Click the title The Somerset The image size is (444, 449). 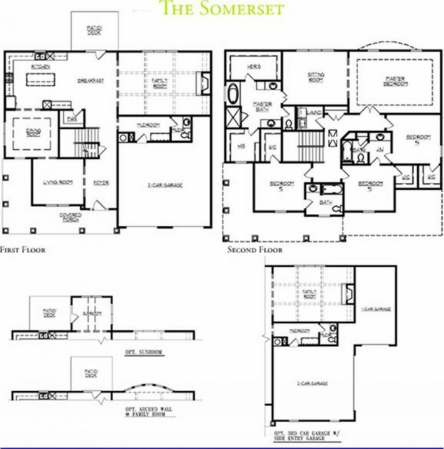point(223,9)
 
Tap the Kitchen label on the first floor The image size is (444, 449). point(40,67)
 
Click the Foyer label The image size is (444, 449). point(101,182)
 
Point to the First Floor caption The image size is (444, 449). point(22,249)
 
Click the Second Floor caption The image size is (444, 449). point(254,249)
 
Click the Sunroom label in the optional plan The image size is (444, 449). point(91,313)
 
